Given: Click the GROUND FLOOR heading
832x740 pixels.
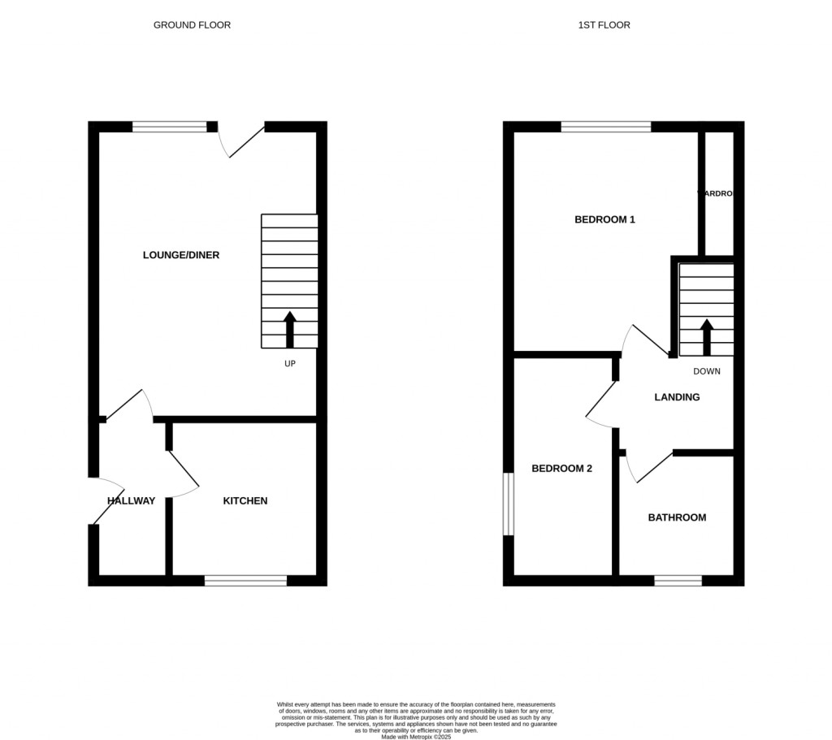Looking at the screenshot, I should [192, 25].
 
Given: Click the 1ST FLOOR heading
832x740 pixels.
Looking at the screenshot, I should [604, 25].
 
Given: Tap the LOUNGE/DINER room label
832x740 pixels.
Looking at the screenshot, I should [181, 255].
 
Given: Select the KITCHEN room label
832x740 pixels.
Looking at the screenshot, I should [245, 501].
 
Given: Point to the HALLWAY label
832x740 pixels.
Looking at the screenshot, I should [131, 501].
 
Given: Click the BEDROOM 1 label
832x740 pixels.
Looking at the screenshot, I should [604, 219].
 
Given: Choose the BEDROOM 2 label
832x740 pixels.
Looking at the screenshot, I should [562, 469].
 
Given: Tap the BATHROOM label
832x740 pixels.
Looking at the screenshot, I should [677, 517].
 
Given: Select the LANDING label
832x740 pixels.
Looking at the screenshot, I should [678, 397].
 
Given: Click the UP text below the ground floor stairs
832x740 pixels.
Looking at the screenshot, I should [289, 363].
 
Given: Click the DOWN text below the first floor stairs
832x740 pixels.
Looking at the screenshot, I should [707, 371].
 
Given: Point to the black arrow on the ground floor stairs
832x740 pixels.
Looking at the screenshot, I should [289, 329].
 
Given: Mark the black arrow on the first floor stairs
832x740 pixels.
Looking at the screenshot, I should [707, 336].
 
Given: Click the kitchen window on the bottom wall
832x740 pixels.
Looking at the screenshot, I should [245, 580].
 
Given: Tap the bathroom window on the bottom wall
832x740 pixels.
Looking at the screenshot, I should [678, 580].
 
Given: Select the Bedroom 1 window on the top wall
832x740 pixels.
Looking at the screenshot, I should [606, 126].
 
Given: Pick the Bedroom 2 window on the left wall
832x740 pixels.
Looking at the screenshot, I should [509, 504].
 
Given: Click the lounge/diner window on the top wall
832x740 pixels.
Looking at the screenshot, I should [170, 126].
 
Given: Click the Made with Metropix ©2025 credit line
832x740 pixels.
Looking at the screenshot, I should [416, 736].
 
